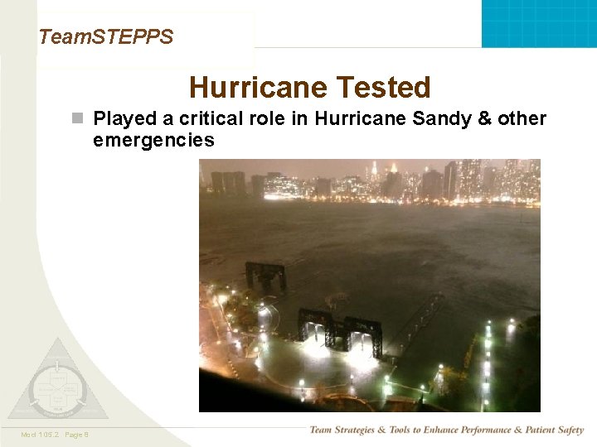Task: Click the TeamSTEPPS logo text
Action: (105, 37)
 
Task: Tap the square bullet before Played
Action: (77, 119)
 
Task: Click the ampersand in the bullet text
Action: (485, 118)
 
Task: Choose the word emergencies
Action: (153, 140)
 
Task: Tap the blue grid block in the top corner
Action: (539, 23)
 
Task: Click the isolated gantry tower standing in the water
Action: (266, 276)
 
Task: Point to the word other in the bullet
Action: (522, 118)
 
